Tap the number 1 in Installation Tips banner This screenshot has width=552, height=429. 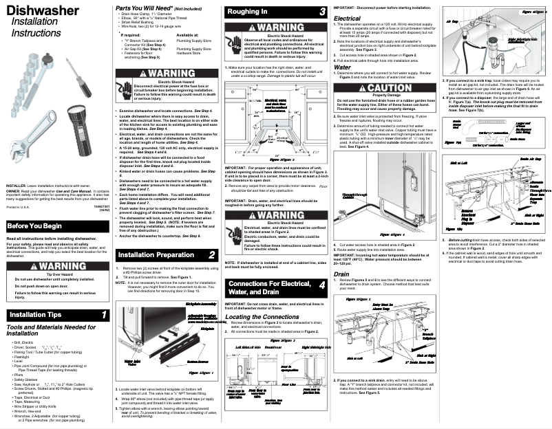pos(103,315)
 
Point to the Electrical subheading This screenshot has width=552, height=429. pos(348,19)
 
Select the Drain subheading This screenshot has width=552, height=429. pos(341,274)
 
